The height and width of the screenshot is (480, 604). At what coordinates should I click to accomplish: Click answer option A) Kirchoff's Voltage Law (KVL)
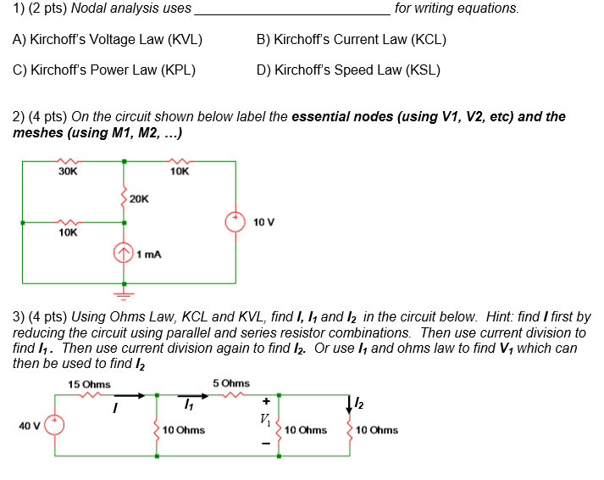[x=108, y=40]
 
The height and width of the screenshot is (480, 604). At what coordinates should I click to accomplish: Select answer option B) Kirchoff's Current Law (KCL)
[x=351, y=40]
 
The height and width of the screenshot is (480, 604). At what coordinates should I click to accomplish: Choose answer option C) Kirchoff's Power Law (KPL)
[x=104, y=70]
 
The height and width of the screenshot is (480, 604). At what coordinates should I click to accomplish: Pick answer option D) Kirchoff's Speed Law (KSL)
[x=347, y=70]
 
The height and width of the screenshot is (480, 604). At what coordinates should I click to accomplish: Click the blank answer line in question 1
[x=292, y=11]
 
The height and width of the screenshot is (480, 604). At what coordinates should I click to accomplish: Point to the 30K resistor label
[x=68, y=171]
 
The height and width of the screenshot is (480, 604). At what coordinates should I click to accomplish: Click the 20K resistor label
[x=139, y=198]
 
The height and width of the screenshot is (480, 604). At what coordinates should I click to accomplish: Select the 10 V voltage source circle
[x=235, y=221]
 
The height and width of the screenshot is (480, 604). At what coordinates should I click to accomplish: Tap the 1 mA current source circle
[x=125, y=254]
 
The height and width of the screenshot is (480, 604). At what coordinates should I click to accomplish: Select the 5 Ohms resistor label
[x=231, y=383]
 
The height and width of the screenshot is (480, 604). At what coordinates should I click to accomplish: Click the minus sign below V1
[x=267, y=443]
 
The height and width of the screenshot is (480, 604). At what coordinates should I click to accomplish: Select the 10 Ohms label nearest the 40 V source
[x=184, y=430]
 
